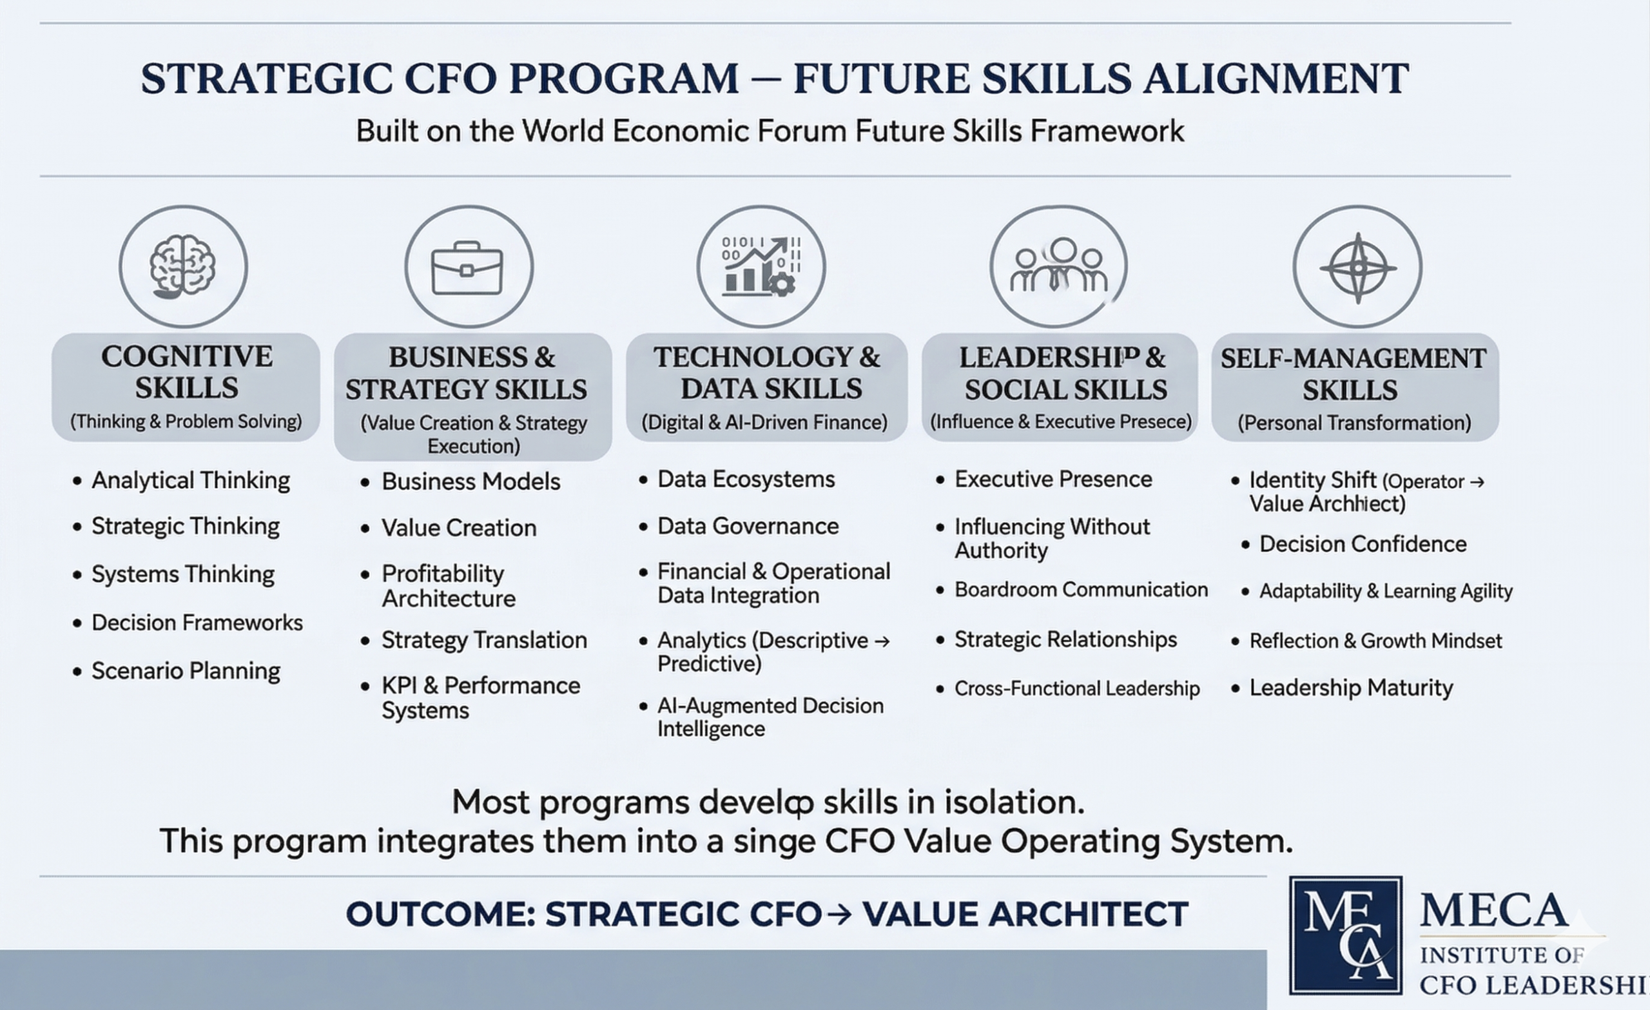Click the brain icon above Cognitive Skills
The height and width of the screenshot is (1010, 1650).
[183, 267]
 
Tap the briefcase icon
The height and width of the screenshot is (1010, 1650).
[467, 269]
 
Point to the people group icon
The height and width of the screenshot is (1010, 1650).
[1059, 264]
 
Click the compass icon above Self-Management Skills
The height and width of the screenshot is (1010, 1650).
[1357, 268]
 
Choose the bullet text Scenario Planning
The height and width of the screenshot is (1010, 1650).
[186, 671]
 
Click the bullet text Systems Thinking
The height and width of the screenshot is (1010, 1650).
[183, 575]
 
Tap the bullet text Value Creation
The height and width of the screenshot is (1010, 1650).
[460, 528]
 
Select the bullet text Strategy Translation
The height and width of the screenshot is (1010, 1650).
[484, 640]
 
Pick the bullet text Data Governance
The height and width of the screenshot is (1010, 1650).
[748, 526]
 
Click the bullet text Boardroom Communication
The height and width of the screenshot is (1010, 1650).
[1081, 589]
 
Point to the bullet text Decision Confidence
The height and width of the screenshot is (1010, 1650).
[1363, 544]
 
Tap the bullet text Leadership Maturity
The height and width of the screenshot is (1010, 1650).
[1351, 688]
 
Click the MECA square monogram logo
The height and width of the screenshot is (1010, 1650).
[1346, 935]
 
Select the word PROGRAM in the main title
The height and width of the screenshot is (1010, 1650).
[624, 79]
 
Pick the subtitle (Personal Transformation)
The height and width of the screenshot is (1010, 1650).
[1354, 423]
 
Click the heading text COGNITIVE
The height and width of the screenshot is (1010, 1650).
[187, 356]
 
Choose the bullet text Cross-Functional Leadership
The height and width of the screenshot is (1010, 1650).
[1077, 688]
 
